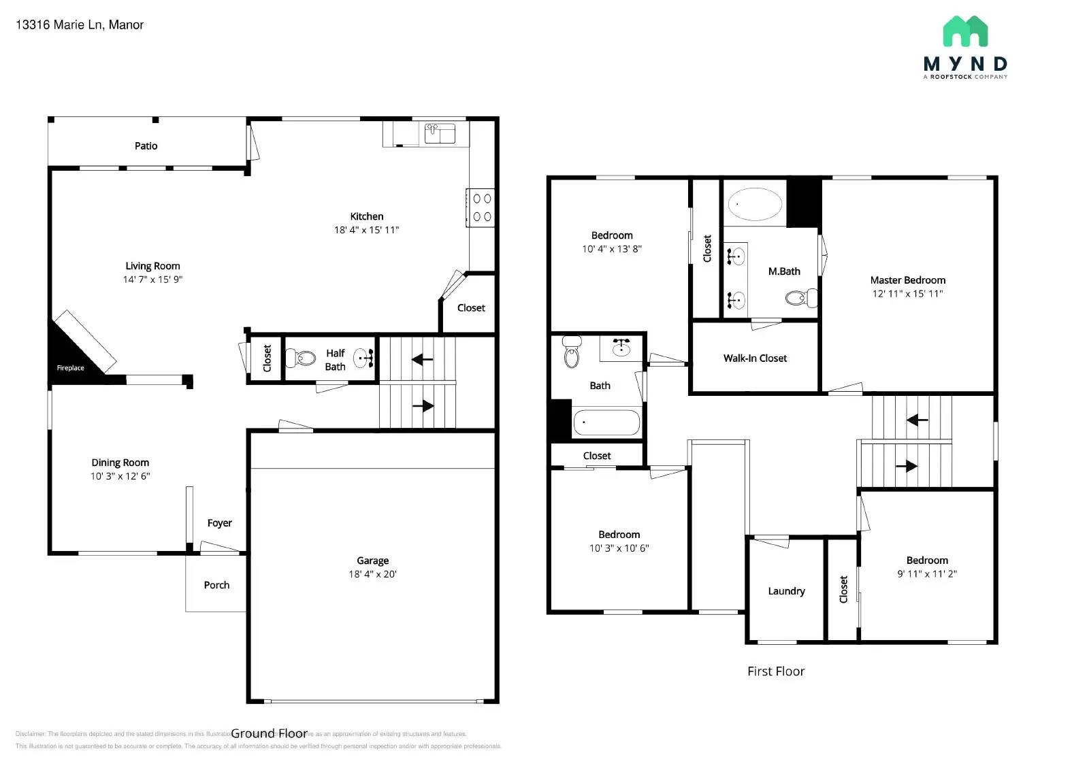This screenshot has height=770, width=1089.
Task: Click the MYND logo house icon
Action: [965, 31]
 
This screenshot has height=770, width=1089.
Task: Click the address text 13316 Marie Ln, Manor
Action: [80, 25]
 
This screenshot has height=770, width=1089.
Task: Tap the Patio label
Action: [146, 146]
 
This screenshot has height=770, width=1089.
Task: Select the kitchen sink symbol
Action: [440, 133]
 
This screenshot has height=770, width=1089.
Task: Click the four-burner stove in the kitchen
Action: [482, 207]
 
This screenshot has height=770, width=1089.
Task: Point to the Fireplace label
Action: [70, 368]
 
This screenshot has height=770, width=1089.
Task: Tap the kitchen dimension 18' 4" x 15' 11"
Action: [366, 230]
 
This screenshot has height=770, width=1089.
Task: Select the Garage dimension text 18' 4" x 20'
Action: [372, 574]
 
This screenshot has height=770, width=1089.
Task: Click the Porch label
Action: [216, 585]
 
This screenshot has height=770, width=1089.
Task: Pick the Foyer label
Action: [219, 523]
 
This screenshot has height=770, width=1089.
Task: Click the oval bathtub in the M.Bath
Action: [755, 204]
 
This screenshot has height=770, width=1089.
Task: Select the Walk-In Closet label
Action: [755, 358]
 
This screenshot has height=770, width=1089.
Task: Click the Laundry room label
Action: [786, 591]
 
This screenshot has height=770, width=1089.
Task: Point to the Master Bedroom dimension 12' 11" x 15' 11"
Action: [907, 294]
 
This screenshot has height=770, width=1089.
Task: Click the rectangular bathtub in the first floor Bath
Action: [606, 422]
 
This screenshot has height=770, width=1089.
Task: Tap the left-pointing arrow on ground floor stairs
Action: [422, 358]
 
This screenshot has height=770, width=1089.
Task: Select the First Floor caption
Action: [776, 671]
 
